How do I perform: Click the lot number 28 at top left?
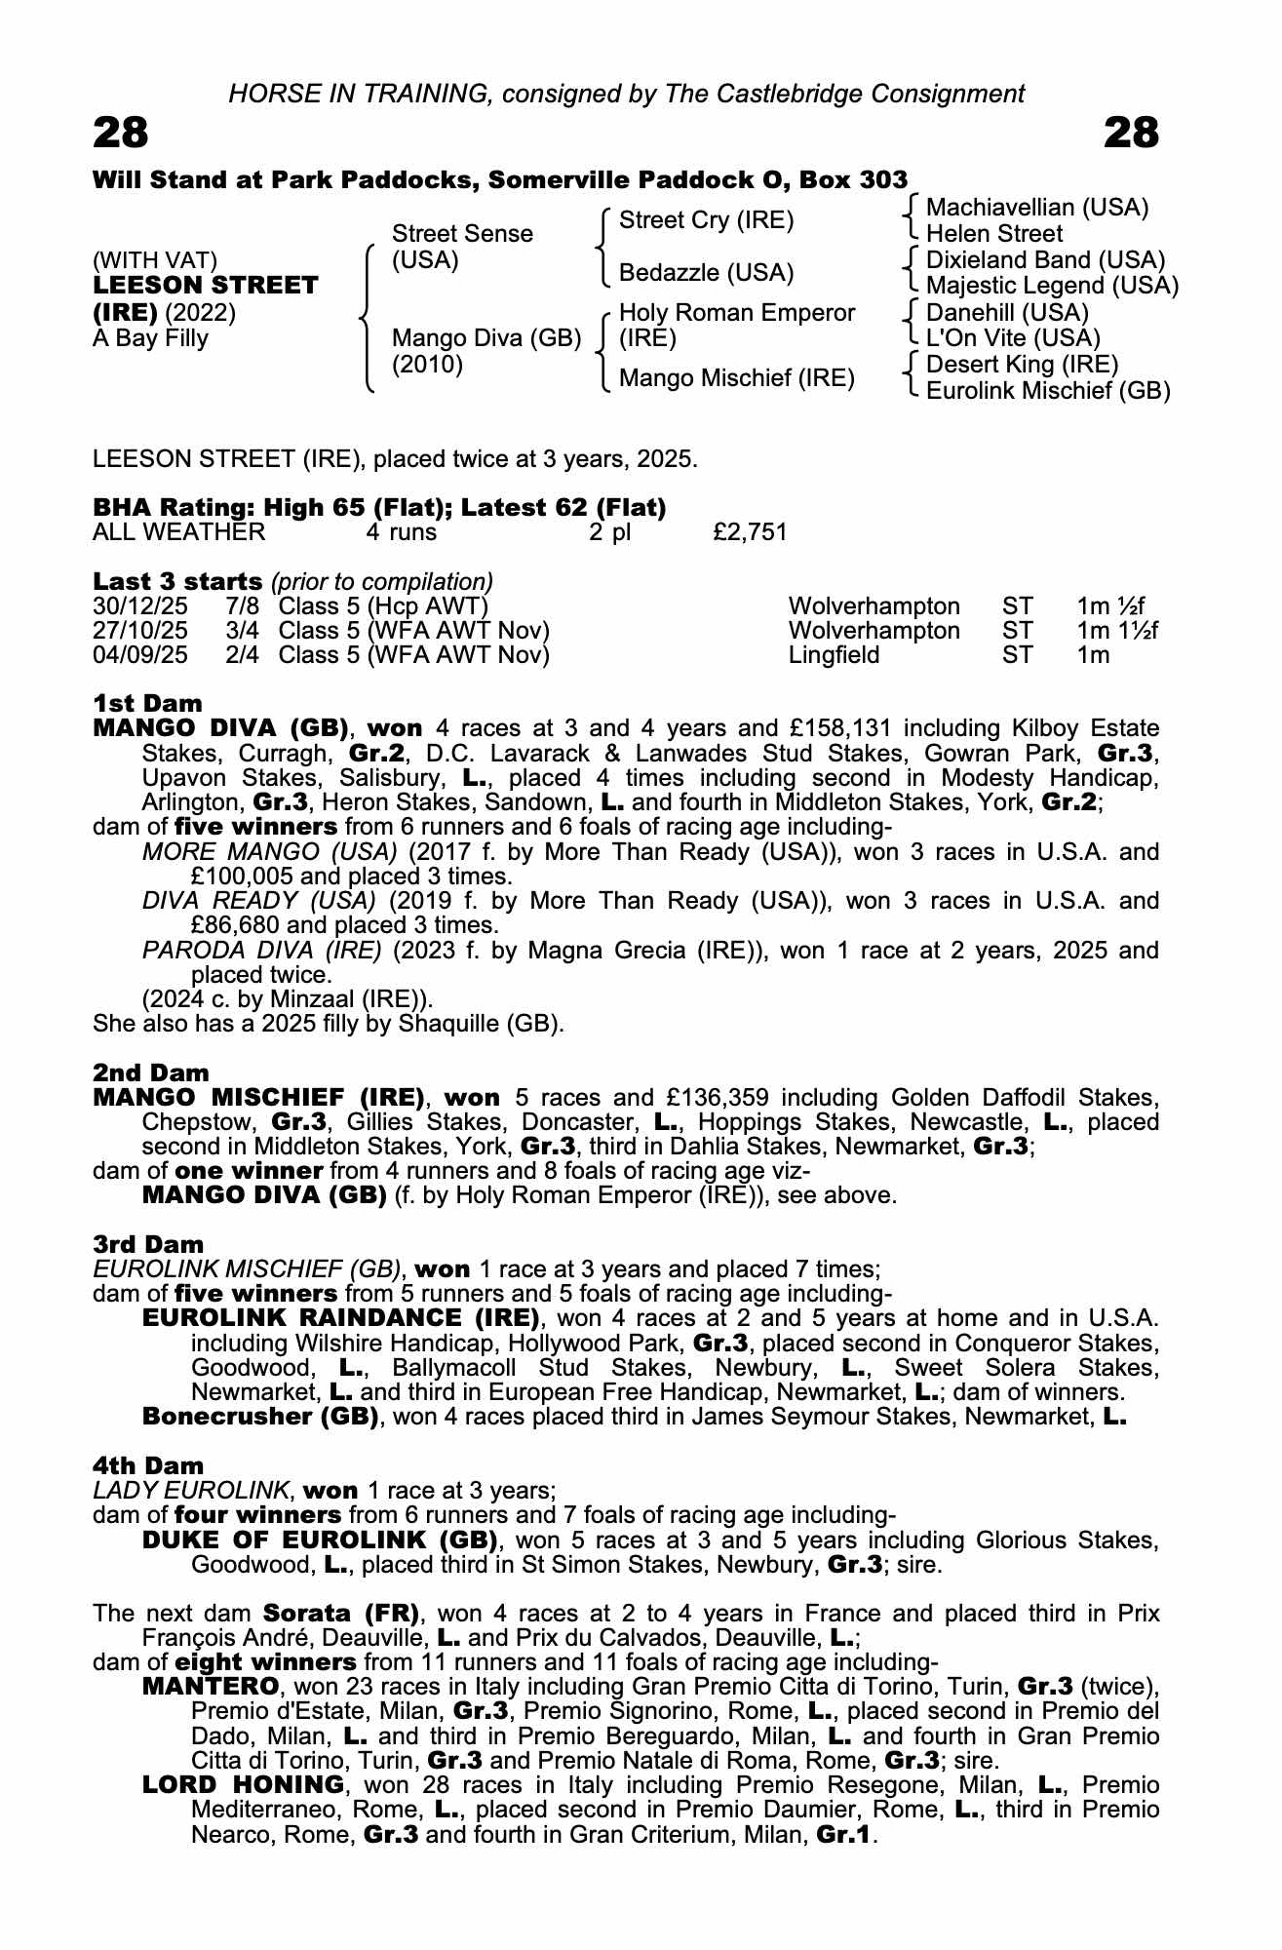[121, 134]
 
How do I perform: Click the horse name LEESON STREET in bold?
[205, 286]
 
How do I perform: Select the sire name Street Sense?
[462, 234]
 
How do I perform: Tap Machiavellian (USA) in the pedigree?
[1037, 208]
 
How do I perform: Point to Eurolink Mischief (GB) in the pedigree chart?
[1048, 391]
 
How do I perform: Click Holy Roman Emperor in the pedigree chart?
[737, 313]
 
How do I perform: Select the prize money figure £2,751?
[750, 532]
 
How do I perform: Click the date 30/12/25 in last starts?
[140, 606]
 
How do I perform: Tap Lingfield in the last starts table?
[834, 655]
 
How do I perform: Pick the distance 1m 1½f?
[1117, 631]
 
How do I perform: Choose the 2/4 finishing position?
[242, 655]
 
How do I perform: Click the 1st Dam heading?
[147, 704]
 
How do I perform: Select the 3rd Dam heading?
[148, 1245]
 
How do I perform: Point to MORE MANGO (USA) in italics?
[269, 852]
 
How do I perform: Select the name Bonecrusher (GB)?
[260, 1417]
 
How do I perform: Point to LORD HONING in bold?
[243, 1785]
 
